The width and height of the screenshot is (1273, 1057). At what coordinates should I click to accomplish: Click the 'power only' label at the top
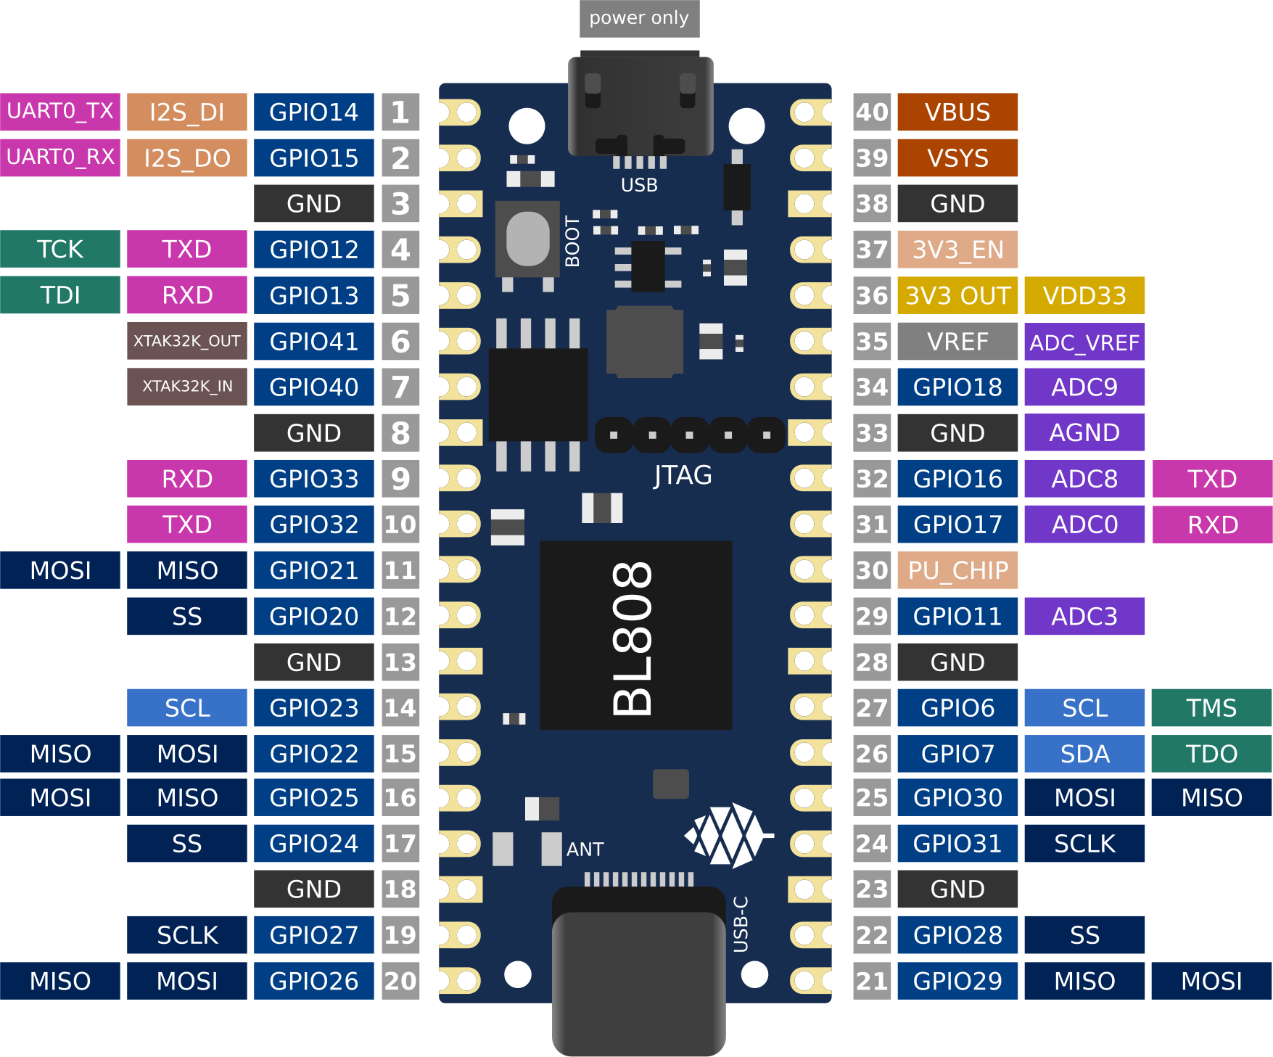pyautogui.click(x=639, y=18)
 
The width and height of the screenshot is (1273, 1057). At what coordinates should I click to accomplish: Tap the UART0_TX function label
pyautogui.click(x=60, y=112)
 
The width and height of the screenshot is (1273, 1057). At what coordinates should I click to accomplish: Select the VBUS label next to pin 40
pyautogui.click(x=957, y=112)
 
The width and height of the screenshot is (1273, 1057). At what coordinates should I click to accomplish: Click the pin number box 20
pyautogui.click(x=400, y=981)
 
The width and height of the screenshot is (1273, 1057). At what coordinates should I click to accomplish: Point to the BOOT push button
pyautogui.click(x=527, y=239)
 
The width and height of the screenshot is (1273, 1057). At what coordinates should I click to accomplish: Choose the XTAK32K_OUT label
pyautogui.click(x=186, y=341)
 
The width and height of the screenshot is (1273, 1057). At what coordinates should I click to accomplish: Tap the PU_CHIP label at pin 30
pyautogui.click(x=957, y=570)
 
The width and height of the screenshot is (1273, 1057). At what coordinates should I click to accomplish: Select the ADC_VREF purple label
pyautogui.click(x=1084, y=342)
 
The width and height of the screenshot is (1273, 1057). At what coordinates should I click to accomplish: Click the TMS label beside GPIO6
pyautogui.click(x=1211, y=707)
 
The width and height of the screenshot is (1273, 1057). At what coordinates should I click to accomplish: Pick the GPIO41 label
pyautogui.click(x=313, y=341)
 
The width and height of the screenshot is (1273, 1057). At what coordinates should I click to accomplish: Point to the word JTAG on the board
pyautogui.click(x=682, y=475)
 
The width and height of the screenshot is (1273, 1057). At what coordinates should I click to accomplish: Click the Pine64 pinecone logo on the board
pyautogui.click(x=728, y=835)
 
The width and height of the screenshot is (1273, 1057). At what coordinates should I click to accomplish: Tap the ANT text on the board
pyautogui.click(x=585, y=849)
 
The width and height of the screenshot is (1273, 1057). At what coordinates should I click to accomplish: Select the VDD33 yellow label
pyautogui.click(x=1084, y=295)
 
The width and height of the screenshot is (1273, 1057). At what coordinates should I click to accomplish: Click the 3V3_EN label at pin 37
pyautogui.click(x=957, y=250)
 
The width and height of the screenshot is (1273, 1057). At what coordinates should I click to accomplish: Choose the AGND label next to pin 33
pyautogui.click(x=1084, y=432)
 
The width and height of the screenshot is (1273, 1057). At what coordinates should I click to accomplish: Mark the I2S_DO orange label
pyautogui.click(x=186, y=157)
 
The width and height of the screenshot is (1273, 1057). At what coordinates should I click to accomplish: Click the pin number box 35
pyautogui.click(x=871, y=342)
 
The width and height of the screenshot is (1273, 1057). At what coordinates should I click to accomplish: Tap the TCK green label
pyautogui.click(x=60, y=250)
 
